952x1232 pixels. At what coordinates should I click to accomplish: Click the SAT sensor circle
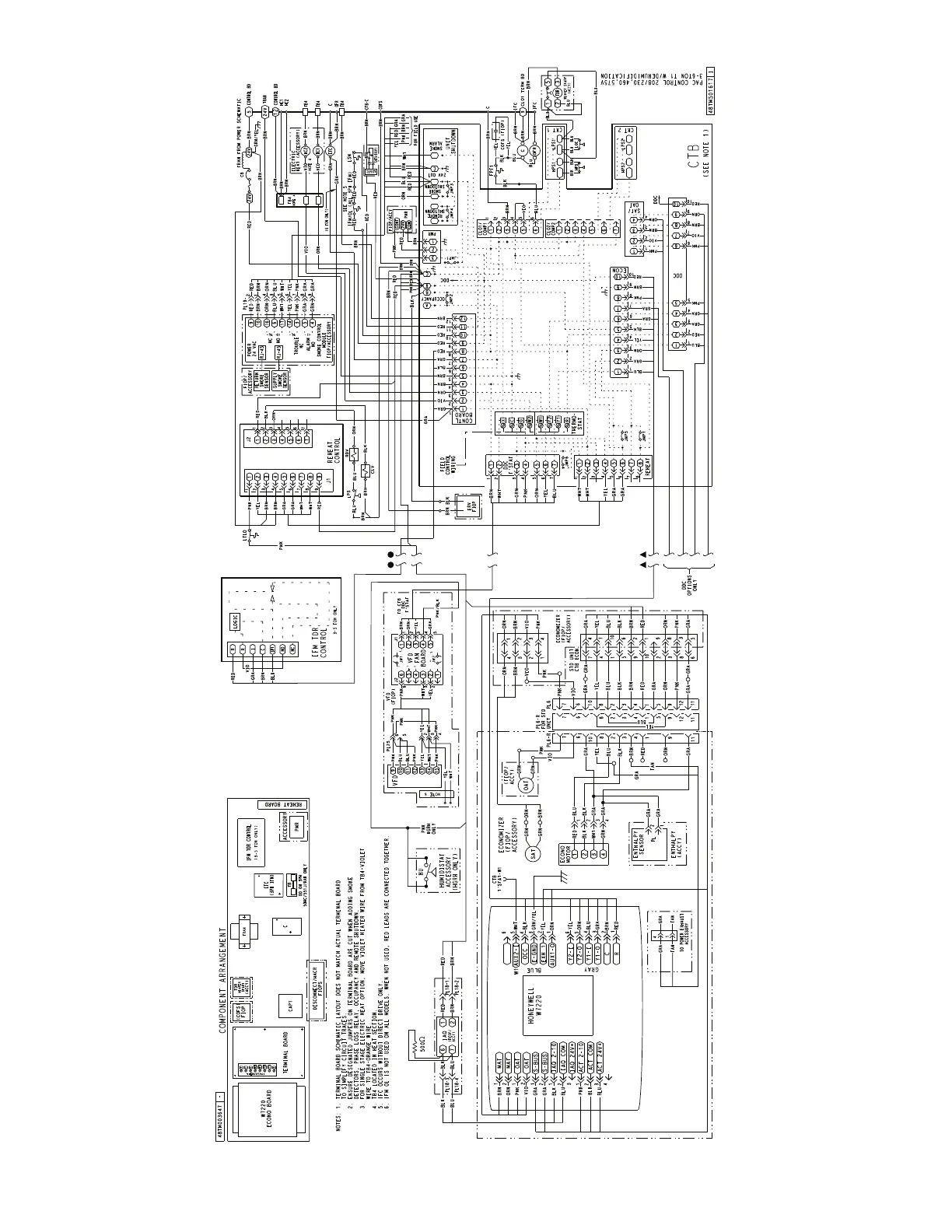533,854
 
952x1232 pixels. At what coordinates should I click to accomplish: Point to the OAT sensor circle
523,782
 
